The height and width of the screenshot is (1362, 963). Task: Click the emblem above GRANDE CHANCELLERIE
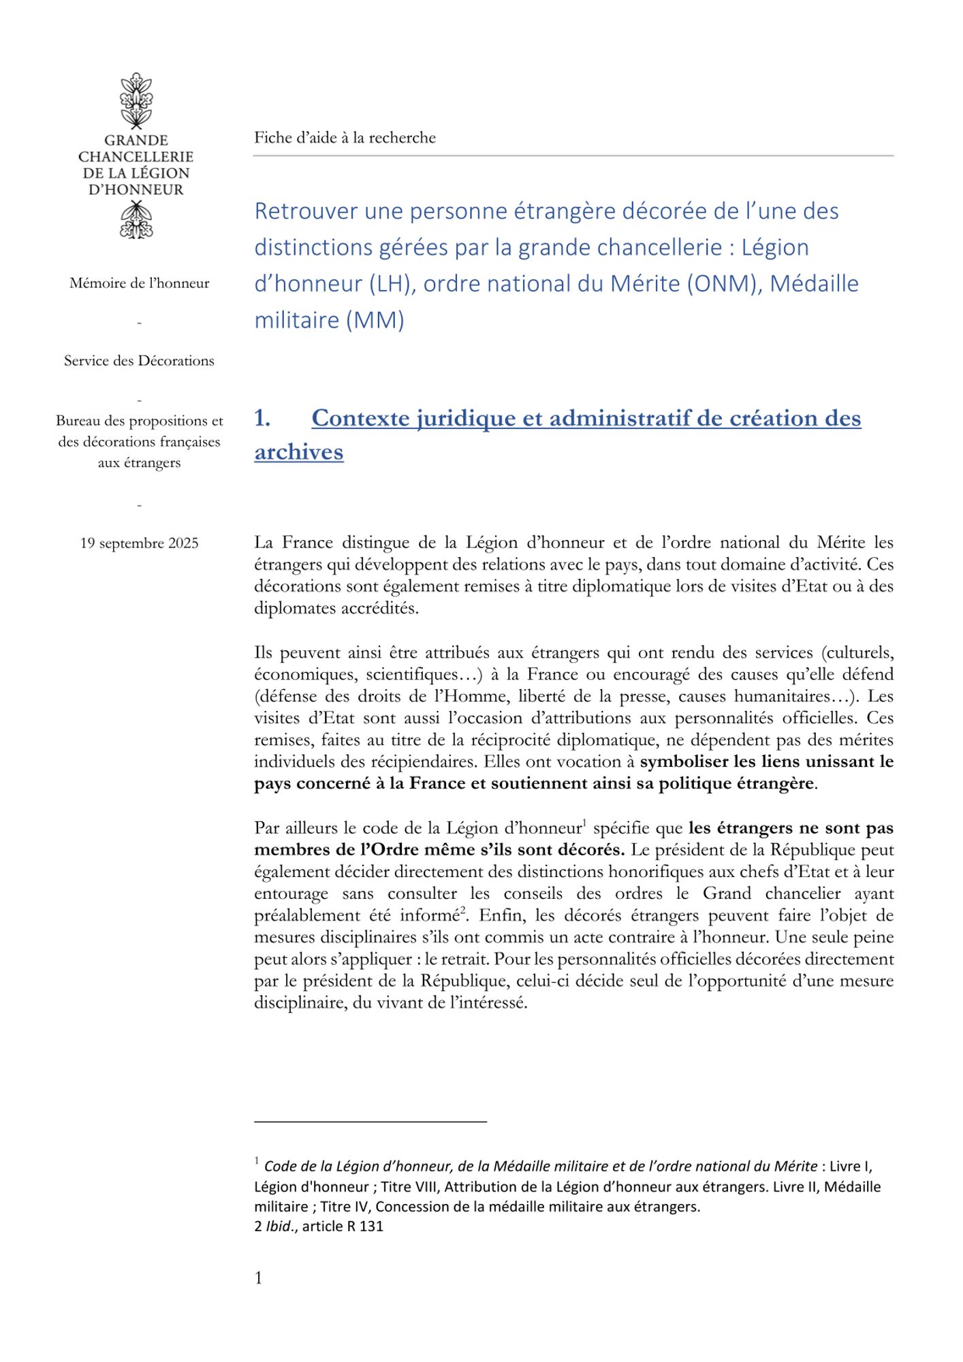tap(136, 101)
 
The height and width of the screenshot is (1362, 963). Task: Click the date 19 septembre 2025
tap(139, 543)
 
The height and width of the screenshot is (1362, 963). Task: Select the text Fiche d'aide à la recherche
tap(345, 138)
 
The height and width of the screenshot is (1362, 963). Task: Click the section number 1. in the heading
tap(262, 418)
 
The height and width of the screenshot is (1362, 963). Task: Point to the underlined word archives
tap(298, 452)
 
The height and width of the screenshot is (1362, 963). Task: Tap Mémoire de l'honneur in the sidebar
tap(139, 283)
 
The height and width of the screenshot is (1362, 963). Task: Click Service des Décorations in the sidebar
tap(139, 361)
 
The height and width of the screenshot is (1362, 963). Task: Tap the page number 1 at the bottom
tap(259, 1278)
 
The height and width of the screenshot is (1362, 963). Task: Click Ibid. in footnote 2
tap(281, 1226)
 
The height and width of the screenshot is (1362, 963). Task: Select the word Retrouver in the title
tap(306, 211)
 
